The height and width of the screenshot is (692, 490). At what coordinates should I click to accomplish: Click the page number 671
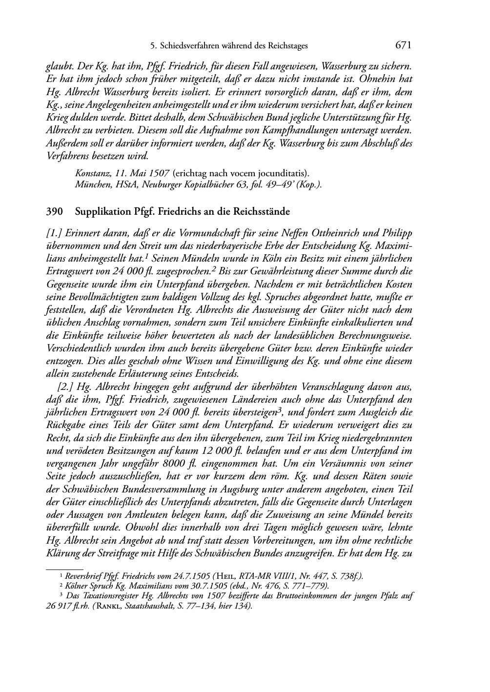[404, 45]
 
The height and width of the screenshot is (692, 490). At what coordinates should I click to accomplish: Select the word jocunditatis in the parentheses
[284, 173]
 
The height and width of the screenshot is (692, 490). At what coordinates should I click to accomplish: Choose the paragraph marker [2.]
[65, 387]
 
